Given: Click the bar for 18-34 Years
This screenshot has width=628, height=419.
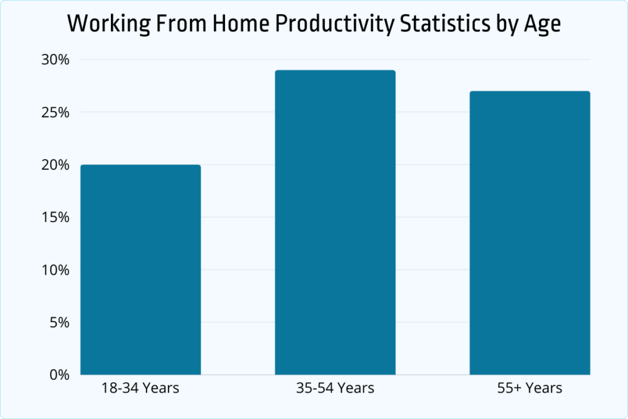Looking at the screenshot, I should coord(140,269).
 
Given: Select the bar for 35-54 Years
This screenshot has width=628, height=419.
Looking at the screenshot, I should coord(335,222).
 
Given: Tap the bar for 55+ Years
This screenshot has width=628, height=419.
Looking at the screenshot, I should coord(530,233).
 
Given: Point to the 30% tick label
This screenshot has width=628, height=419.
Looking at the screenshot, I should coord(56,60).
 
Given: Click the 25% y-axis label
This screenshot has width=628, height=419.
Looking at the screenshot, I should coord(56,113).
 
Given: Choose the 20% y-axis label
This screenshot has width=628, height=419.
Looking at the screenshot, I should coord(56,165).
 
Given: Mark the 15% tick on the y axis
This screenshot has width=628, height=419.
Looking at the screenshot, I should coord(56,218).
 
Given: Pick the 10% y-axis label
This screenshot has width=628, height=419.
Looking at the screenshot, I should coord(56,270).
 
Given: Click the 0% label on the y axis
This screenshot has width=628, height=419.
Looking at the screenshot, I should coord(59,375).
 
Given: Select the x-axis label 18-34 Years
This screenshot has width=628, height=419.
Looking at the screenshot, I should coord(140,388).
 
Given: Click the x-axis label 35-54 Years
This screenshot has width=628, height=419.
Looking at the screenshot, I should coord(335,388).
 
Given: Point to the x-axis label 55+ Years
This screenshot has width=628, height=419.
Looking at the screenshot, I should coord(530,388).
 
